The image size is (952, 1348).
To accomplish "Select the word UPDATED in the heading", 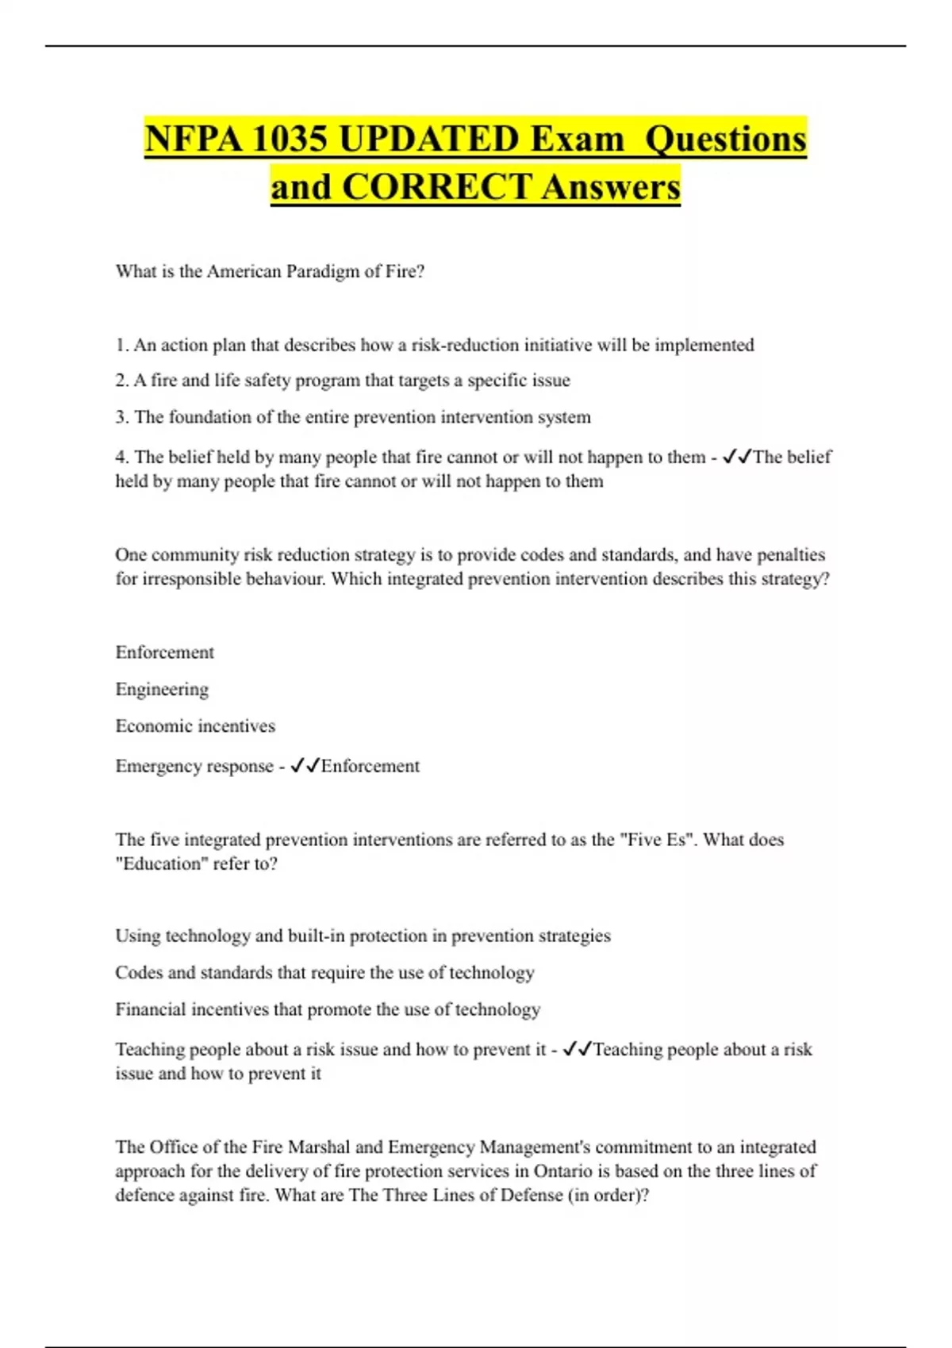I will [428, 139].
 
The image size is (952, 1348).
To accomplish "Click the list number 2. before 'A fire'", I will [121, 381].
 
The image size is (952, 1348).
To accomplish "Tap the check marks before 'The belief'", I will [736, 457].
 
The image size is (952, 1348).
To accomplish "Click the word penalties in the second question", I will [789, 554].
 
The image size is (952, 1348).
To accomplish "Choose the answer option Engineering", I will [162, 689].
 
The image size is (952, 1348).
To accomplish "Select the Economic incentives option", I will [195, 726].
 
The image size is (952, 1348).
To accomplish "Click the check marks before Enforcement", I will [305, 766].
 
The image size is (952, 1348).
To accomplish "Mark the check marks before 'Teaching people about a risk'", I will [577, 1049].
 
